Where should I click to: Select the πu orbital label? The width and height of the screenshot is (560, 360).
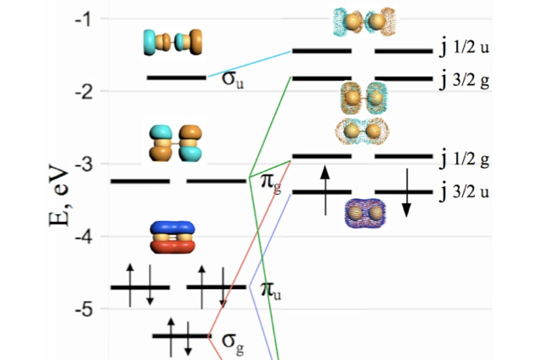270,291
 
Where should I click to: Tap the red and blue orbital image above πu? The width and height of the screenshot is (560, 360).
171,238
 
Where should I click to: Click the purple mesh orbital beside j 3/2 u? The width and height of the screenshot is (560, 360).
365,212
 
